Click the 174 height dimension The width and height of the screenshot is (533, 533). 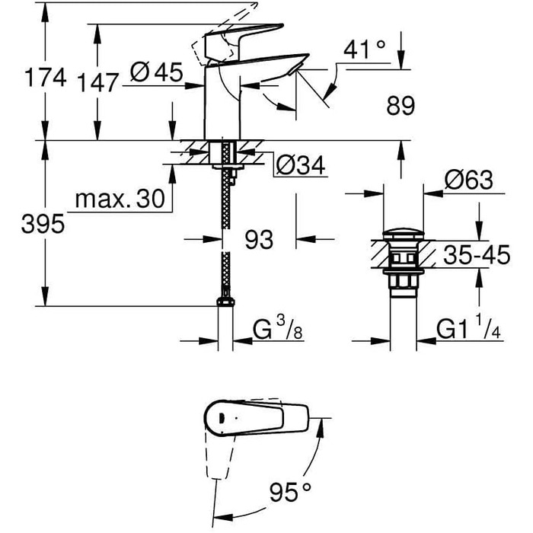(x=45, y=78)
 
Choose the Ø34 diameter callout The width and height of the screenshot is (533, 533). (x=301, y=164)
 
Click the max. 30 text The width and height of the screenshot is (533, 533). (x=120, y=200)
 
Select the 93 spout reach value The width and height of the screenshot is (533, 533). (x=258, y=240)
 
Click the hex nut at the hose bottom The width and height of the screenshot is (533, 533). (x=225, y=302)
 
